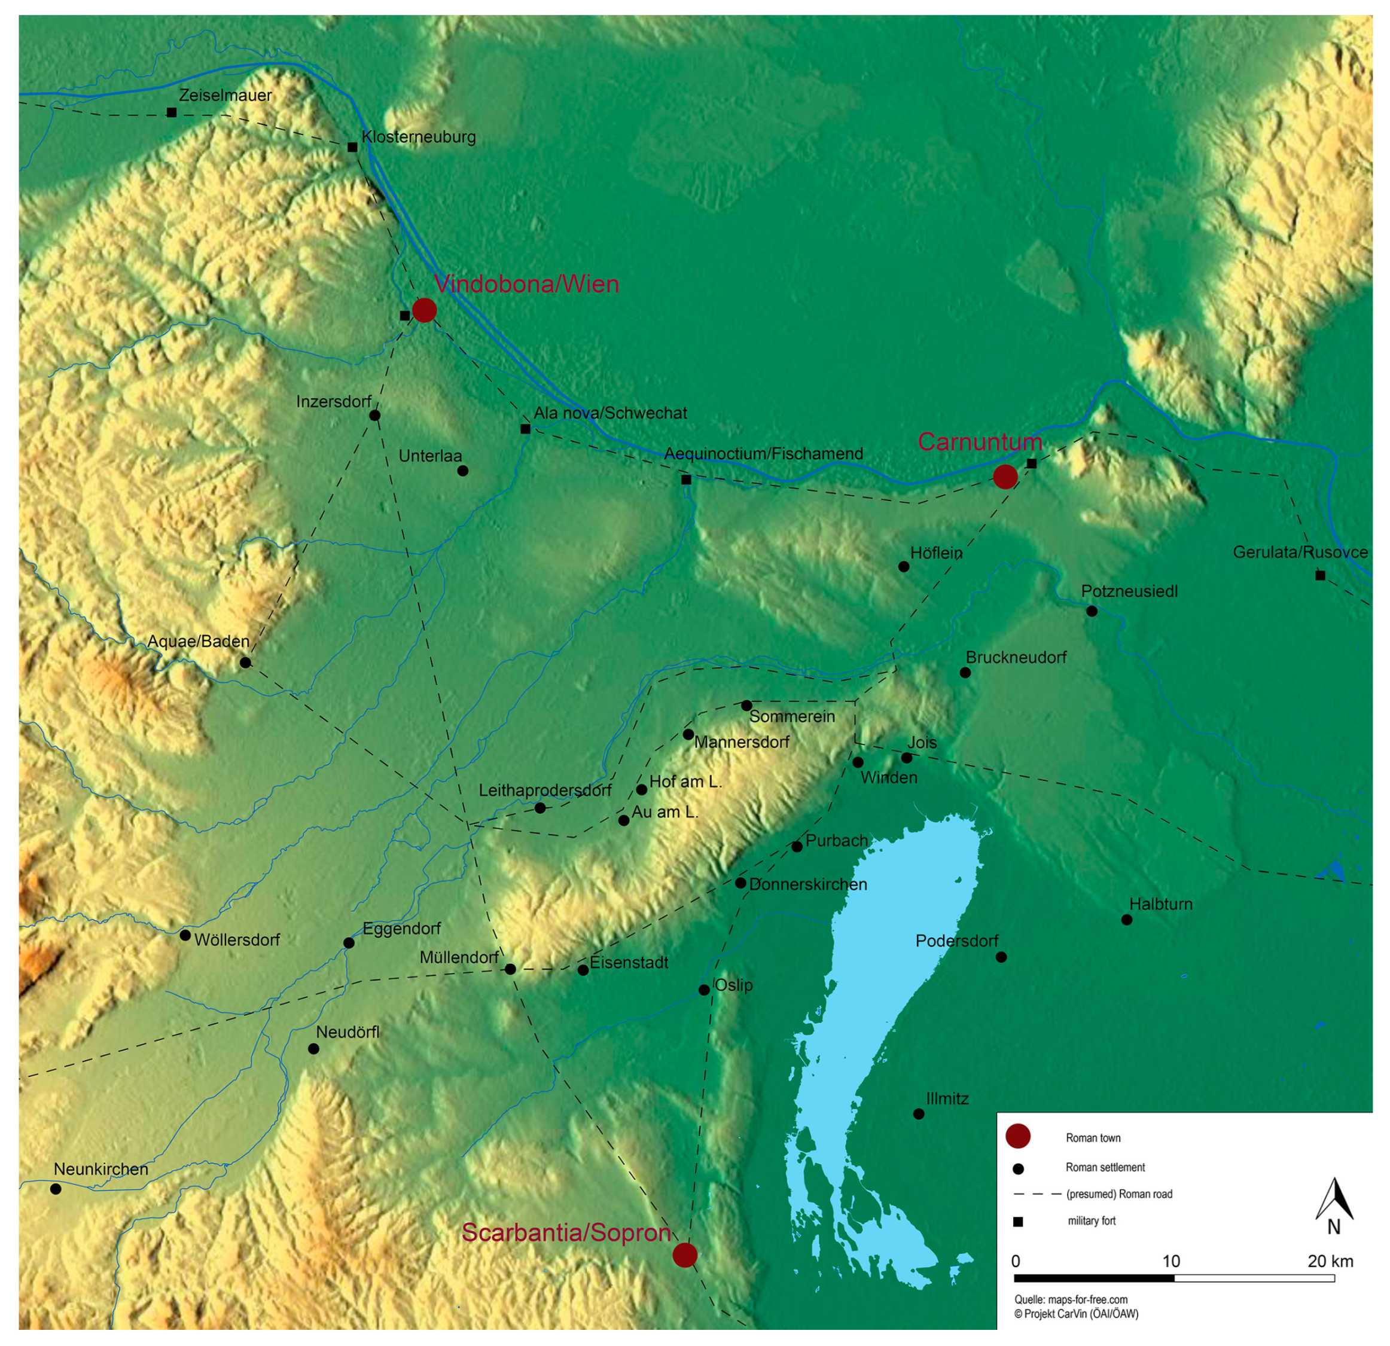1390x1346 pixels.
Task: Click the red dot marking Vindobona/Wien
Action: pos(424,310)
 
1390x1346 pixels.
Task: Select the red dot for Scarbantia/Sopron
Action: pos(684,1255)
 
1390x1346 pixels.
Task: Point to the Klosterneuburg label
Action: pos(419,137)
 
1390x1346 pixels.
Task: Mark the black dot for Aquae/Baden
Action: pos(245,663)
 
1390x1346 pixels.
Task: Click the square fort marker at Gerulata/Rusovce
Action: pos(1320,575)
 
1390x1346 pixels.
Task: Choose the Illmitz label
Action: pos(947,1098)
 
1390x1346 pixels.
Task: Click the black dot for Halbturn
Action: pos(1126,920)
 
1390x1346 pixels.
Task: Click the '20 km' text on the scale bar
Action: pos(1330,1261)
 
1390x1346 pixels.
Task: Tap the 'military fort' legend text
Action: pos(1092,1220)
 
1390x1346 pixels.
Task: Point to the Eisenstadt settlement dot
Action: pos(583,969)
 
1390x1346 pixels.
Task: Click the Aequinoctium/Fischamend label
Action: pos(763,454)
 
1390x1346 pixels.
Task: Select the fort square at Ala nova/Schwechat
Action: pos(526,429)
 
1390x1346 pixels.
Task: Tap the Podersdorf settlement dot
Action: pos(1001,957)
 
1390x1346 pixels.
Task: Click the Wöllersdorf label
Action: pos(237,939)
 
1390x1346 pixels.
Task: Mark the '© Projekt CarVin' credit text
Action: pos(1076,1314)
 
